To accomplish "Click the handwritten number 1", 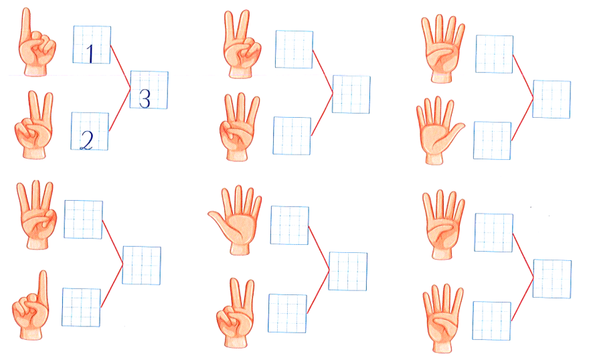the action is [90, 54].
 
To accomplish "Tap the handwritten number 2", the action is [87, 141].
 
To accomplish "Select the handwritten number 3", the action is [145, 99].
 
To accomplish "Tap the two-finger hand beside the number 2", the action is [34, 125].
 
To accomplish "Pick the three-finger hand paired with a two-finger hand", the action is [239, 127].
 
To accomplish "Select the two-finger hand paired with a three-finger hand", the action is [242, 44].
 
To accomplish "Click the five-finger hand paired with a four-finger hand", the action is [440, 130].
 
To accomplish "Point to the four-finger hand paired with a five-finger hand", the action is [443, 49].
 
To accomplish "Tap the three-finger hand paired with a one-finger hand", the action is [36, 215].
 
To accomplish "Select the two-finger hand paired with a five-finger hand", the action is [236, 313].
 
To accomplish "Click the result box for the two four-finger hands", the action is [552, 278].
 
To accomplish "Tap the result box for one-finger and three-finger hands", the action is [142, 266].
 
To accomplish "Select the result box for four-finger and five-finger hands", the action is [552, 99].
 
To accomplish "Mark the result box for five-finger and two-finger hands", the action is [348, 272].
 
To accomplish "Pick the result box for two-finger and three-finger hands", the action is [351, 94].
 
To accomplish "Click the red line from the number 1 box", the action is [120, 67].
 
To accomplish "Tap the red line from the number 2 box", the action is [120, 110].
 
